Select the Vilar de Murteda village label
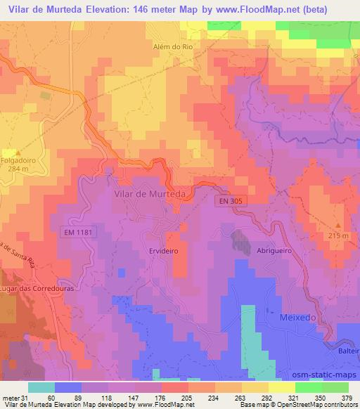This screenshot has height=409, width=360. [148, 195]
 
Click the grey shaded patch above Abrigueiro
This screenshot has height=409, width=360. [241, 242]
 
